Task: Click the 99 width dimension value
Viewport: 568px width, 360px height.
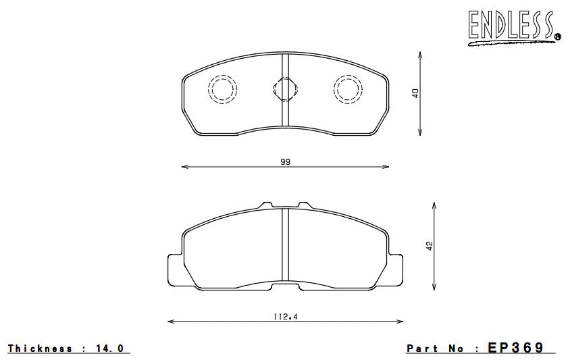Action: [x=284, y=161]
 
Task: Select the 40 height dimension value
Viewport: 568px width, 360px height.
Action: [x=416, y=93]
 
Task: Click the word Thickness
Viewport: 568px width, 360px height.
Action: [x=41, y=349]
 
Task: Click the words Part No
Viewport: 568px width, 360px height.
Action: [x=436, y=349]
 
